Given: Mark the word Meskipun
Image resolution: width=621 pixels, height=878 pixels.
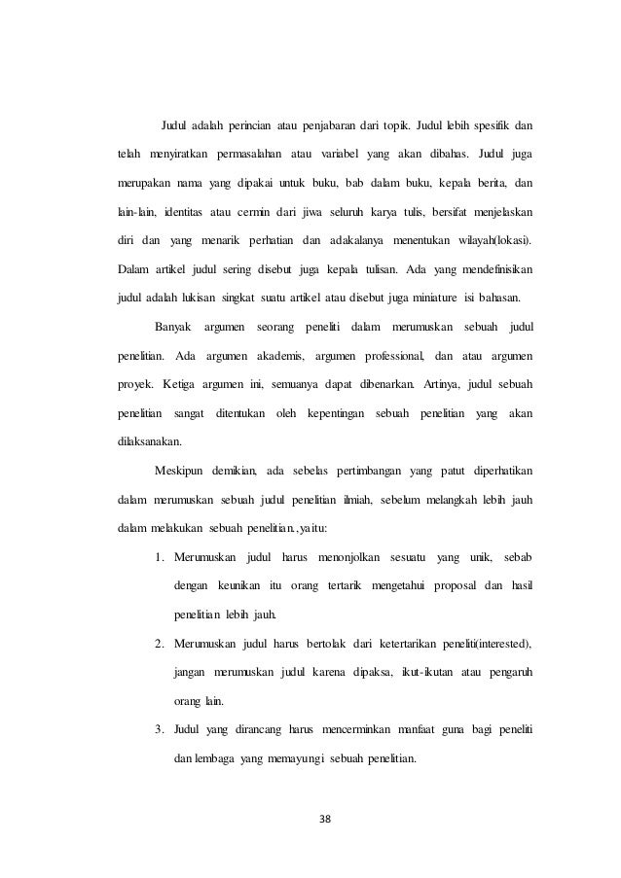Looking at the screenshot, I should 182,472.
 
